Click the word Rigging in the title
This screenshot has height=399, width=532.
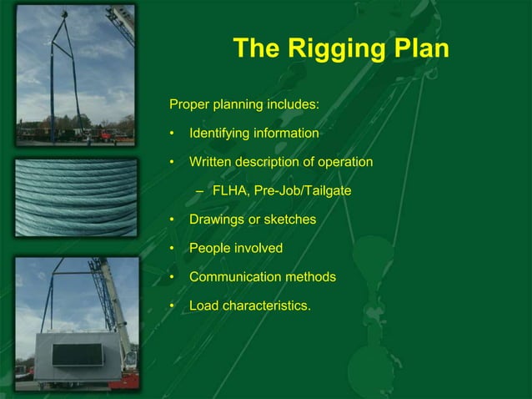335,49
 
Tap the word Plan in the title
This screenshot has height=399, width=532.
419,48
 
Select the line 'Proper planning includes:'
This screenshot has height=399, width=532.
244,105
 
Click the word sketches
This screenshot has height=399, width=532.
289,220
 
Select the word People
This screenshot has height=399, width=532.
209,249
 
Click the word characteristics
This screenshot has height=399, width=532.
267,306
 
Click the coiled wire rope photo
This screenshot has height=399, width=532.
76,198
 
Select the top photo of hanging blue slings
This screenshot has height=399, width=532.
76,75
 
